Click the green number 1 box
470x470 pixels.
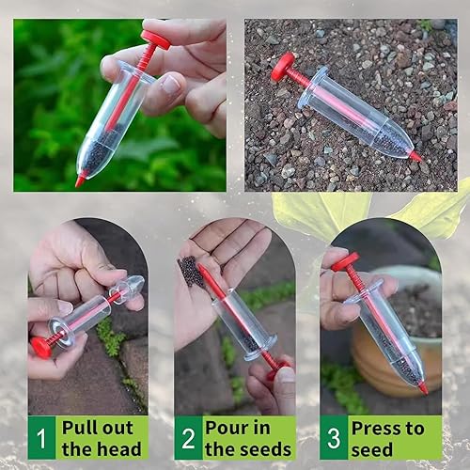click(41, 437)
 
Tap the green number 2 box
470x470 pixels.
click(188, 437)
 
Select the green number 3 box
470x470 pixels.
click(334, 437)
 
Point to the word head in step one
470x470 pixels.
click(117, 449)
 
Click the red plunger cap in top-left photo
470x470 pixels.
click(155, 39)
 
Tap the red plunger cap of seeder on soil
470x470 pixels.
click(282, 65)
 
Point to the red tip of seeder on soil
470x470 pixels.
click(415, 156)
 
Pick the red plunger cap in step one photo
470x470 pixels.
click(41, 346)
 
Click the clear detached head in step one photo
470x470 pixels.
click(130, 287)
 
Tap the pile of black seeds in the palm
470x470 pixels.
click(194, 273)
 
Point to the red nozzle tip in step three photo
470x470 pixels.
click(423, 386)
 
